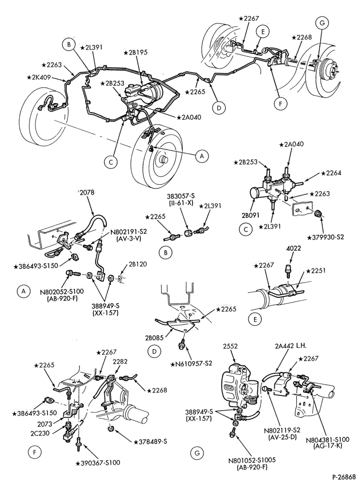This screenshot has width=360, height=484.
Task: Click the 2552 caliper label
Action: click(x=230, y=347)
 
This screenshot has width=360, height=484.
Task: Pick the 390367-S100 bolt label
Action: click(x=98, y=463)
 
